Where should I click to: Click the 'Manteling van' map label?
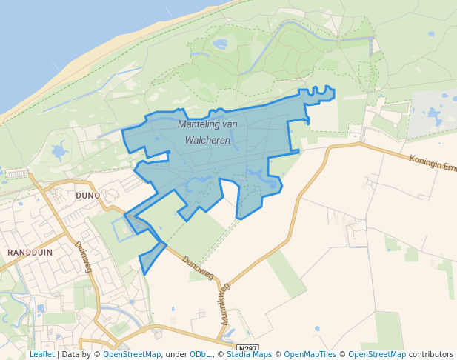207,124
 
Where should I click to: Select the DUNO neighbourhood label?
87,196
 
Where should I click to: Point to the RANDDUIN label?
30,253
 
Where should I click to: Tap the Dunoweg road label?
197,267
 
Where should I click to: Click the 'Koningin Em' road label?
433,162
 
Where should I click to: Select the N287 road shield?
247,348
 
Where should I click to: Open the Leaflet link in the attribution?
41,355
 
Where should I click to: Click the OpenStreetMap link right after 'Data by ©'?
132,355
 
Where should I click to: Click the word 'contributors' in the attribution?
431,355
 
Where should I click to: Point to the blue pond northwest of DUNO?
59,153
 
